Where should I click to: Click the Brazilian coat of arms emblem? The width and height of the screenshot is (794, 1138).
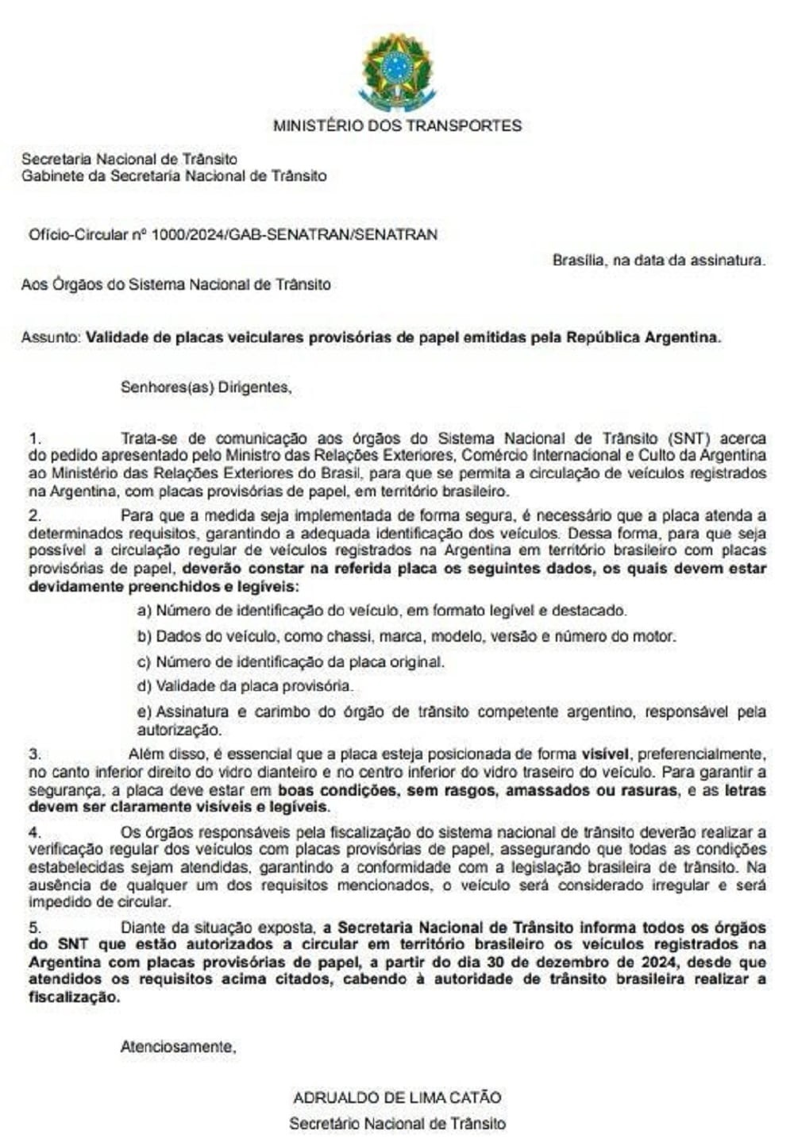tap(397, 71)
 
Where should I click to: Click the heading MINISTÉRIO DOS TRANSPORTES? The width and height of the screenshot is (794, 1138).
tap(397, 125)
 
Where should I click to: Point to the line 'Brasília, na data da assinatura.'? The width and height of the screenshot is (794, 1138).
tap(658, 260)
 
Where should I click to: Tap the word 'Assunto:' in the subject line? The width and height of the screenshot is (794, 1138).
tap(51, 337)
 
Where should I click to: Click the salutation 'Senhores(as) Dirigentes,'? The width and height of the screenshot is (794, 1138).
tap(206, 388)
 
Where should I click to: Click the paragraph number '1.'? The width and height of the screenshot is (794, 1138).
tap(34, 438)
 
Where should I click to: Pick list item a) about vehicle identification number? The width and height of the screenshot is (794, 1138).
tap(382, 611)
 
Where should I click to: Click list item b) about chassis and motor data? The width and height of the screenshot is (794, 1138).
tap(407, 636)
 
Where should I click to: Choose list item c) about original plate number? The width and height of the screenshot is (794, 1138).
tap(291, 662)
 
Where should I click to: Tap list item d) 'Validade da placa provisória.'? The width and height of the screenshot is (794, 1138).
tap(245, 686)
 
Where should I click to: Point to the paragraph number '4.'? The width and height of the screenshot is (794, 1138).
tap(34, 832)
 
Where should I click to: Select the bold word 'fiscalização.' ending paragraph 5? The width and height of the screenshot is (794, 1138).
tap(75, 997)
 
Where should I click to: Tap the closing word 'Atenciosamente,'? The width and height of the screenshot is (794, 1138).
tap(178, 1047)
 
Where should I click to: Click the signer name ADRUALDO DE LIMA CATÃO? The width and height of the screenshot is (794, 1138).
tap(397, 1097)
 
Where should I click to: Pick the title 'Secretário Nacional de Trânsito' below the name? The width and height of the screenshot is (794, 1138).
tap(397, 1123)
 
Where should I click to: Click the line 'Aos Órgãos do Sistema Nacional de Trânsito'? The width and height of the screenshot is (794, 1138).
tap(176, 284)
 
